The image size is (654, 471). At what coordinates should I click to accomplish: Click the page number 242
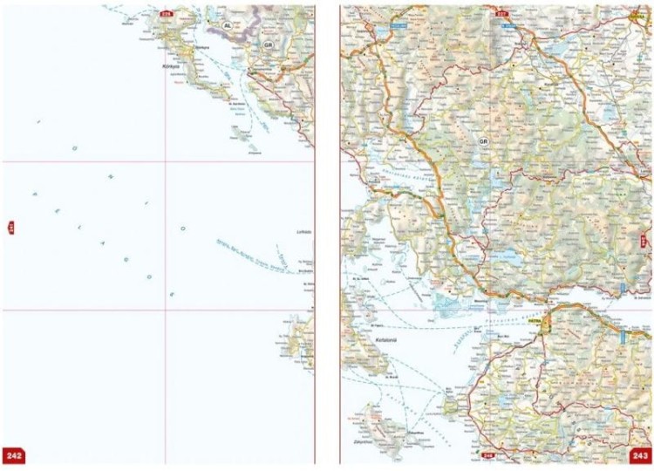[x=14, y=455]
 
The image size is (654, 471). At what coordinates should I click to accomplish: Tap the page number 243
[x=639, y=455]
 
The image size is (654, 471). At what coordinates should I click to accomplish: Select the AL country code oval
[x=228, y=27]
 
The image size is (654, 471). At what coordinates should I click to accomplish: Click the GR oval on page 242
[x=269, y=44]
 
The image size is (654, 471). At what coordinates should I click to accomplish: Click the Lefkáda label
[x=303, y=232]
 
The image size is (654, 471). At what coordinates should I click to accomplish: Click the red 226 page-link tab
[x=166, y=12]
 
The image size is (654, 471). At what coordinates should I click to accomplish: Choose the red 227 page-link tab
[x=501, y=13]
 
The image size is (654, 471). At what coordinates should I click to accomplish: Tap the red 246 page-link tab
[x=489, y=455]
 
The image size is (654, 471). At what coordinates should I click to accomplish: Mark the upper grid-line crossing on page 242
[x=166, y=162]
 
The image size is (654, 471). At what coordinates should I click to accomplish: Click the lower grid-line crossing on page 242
[x=166, y=310]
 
